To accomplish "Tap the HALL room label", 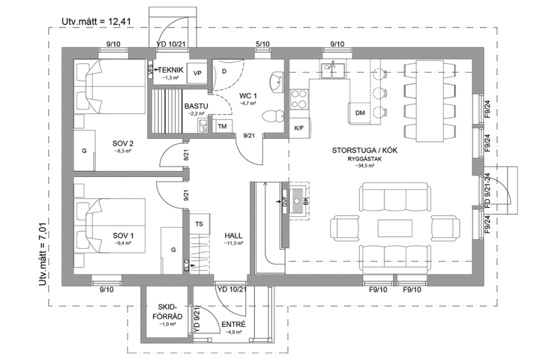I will click(x=234, y=236).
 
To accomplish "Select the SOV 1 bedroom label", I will click(x=124, y=236).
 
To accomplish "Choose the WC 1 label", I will click(x=248, y=96).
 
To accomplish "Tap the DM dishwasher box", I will click(x=359, y=113).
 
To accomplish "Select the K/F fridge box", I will click(x=299, y=127).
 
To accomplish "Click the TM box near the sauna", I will click(x=222, y=126).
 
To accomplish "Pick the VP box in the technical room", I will click(x=197, y=72).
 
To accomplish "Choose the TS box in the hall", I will click(x=199, y=223).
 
